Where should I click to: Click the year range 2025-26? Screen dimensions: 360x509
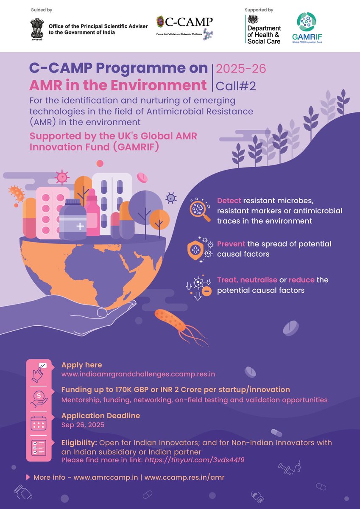241,68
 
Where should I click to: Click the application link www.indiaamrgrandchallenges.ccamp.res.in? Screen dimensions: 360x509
138,374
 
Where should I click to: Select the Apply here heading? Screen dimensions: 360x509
82,365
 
